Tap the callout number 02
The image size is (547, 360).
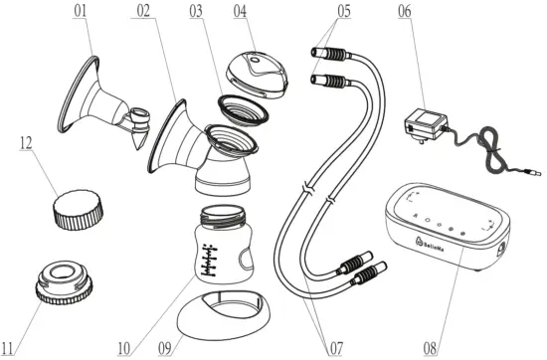pyautogui.click(x=143, y=13)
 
